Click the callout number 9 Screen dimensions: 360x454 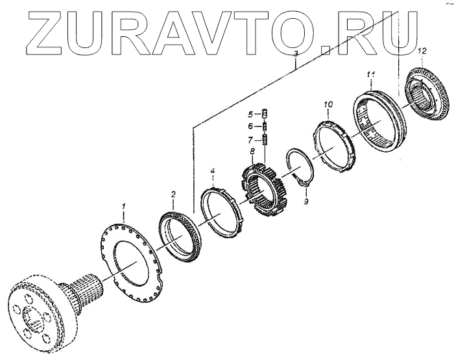coord(306,202)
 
